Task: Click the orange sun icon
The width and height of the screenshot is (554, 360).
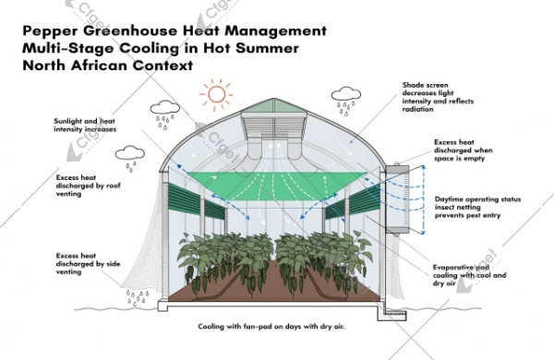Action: coord(217,93)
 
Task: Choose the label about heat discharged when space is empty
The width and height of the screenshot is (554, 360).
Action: coord(464,153)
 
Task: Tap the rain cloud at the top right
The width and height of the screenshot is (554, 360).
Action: coord(347,94)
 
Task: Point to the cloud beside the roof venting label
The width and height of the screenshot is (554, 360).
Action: coord(130,153)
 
